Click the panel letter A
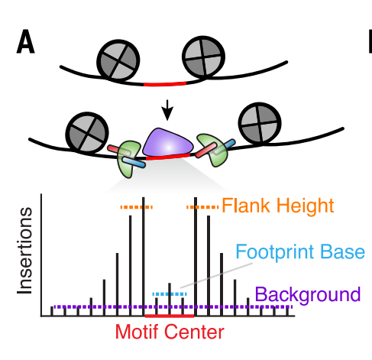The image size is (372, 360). click(25, 41)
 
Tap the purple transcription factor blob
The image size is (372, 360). click(167, 143)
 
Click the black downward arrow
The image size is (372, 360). click(167, 110)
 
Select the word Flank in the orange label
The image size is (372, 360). click(245, 206)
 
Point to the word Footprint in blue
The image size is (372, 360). click(276, 252)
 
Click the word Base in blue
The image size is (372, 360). click(342, 251)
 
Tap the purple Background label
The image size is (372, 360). click(308, 295)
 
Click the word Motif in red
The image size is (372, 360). click(137, 332)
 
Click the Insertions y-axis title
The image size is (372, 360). click(24, 251)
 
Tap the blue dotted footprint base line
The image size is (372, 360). click(170, 294)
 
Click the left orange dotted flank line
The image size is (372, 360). click(137, 207)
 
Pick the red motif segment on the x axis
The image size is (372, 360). click(170, 316)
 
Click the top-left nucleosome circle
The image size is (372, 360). click(118, 60)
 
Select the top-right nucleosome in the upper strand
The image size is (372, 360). click(203, 57)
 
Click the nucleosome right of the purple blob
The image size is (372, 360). click(260, 124)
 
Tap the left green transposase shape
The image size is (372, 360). click(128, 159)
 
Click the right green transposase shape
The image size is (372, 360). click(213, 150)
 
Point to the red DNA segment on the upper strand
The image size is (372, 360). click(165, 84)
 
